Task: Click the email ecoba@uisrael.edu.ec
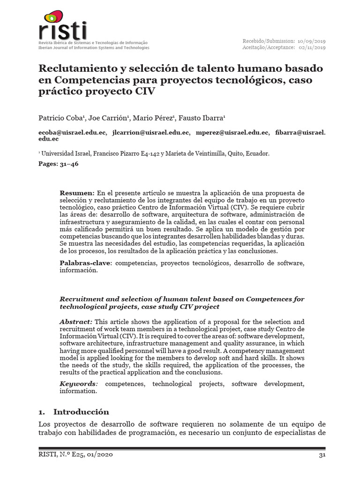coord(72,133)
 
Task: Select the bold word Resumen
coord(77,193)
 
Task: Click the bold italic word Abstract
coord(76,322)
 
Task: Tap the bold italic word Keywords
coord(77,384)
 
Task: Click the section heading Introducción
coord(81,412)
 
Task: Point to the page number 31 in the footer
coord(322,455)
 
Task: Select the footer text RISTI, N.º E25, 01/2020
coord(75,455)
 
